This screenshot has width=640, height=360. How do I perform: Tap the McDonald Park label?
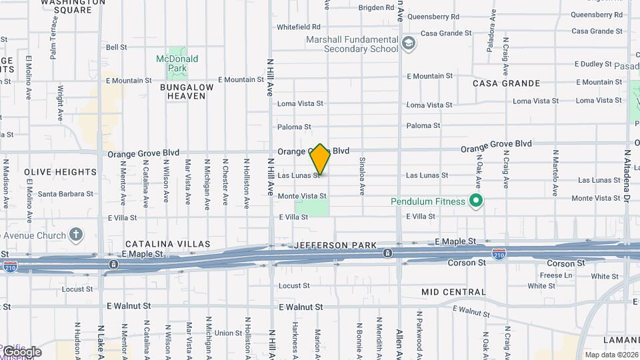tap(177, 63)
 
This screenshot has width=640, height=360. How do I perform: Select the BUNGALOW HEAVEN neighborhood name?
tap(187, 91)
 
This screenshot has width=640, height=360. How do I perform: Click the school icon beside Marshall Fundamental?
tap(408, 45)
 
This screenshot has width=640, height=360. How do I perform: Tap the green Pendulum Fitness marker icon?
tap(475, 201)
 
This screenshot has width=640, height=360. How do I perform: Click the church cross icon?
tap(77, 235)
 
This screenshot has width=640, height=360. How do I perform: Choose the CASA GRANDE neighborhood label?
tap(506, 83)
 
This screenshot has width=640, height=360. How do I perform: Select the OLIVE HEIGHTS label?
tap(61, 172)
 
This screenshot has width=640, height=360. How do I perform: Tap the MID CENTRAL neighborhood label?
tap(453, 292)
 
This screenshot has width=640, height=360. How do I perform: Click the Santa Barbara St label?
tap(65, 194)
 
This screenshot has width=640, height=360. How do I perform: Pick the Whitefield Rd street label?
tap(299, 27)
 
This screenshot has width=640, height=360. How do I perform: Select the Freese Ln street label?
tap(556, 275)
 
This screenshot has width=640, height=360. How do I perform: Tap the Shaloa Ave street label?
tap(362, 176)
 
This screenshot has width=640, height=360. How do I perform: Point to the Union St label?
tap(228, 333)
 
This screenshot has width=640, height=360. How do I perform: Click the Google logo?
tap(22, 352)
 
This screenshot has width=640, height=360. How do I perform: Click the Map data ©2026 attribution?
tap(611, 355)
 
